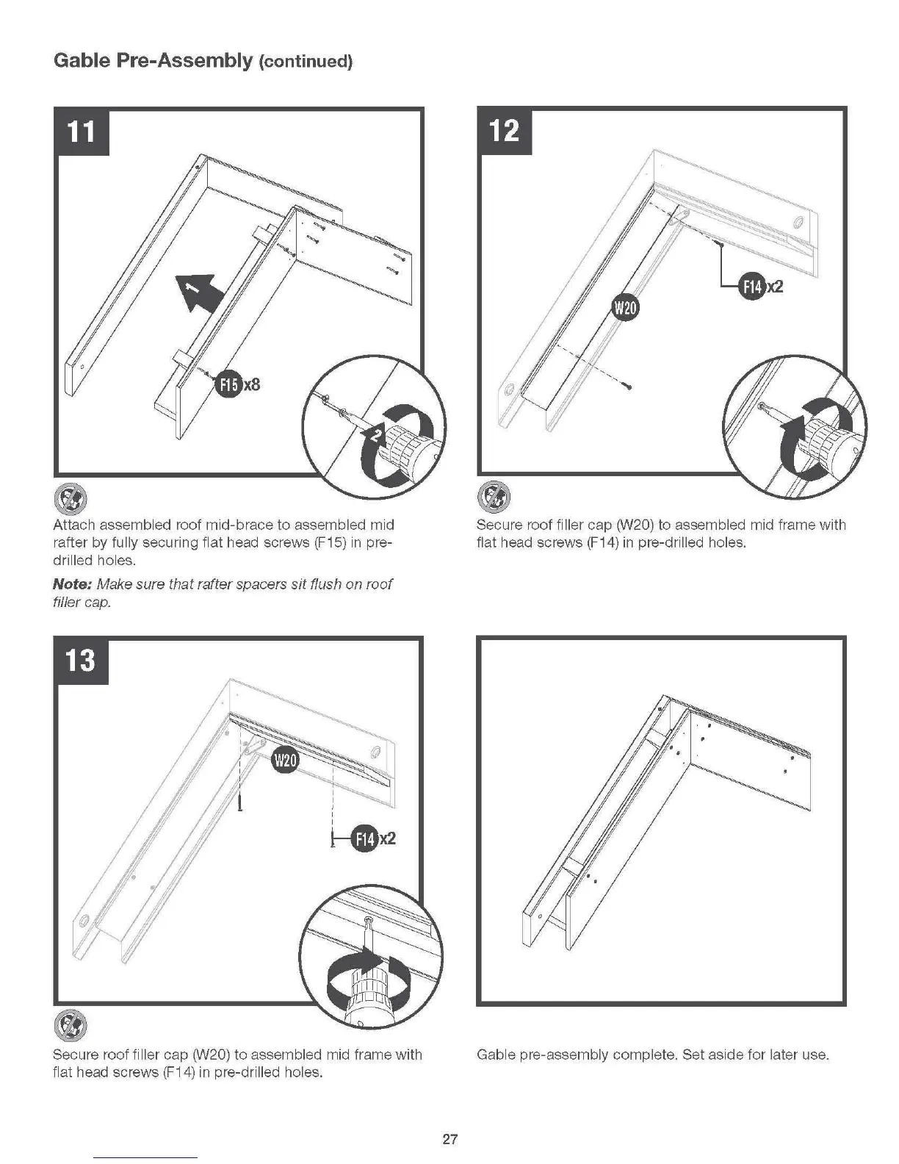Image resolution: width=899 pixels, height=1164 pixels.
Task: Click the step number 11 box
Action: pyautogui.click(x=82, y=132)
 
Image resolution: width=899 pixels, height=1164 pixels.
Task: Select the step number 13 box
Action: pyautogui.click(x=81, y=660)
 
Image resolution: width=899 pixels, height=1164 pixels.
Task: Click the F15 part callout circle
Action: pyautogui.click(x=228, y=384)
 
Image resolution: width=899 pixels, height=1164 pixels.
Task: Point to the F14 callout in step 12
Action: pyautogui.click(x=752, y=286)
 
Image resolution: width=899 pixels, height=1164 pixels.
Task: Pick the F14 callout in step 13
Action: pyautogui.click(x=365, y=838)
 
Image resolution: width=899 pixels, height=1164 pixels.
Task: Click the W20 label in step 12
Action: pyautogui.click(x=625, y=308)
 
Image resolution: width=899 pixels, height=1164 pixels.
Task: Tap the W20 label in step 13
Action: pyautogui.click(x=285, y=760)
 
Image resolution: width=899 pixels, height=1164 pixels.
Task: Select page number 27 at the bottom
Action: pyautogui.click(x=450, y=1139)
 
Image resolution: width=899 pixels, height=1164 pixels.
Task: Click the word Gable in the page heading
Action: pyautogui.click(x=80, y=60)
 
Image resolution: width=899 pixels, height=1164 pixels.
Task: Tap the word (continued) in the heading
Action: pyautogui.click(x=305, y=62)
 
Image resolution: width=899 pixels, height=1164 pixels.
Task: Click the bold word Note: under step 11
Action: pyautogui.click(x=71, y=584)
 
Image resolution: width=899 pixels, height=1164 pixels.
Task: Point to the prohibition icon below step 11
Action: pyautogui.click(x=71, y=500)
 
